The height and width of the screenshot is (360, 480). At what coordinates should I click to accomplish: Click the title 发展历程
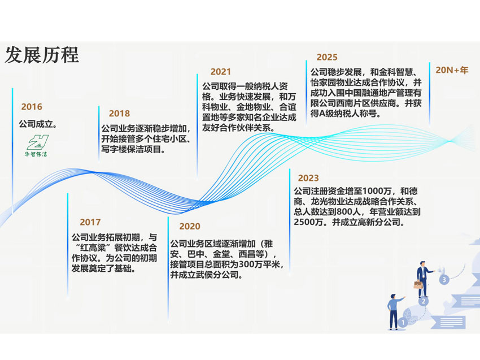coord(42,55)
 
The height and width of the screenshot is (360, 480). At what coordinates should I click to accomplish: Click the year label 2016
coord(32,107)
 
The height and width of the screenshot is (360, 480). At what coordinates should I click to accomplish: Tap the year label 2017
coord(90,222)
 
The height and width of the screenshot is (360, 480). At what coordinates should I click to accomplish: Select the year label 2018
coord(119,114)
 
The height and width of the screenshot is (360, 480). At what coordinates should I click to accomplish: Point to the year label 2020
coord(190,226)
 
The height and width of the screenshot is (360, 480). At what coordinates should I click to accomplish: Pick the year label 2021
coord(221,72)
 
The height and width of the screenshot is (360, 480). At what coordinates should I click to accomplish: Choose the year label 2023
coord(308,178)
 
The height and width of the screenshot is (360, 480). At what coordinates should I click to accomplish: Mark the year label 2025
coord(327,57)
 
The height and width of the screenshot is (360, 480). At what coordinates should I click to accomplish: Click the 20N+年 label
coord(452,70)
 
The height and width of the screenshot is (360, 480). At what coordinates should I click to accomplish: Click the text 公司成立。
coord(38,124)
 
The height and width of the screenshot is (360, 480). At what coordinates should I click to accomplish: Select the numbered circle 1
coord(403,323)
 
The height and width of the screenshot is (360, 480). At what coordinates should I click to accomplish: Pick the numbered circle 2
coord(424,301)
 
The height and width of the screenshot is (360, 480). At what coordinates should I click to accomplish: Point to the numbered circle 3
coord(444,279)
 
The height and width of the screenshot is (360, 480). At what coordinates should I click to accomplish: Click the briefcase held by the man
coord(418,285)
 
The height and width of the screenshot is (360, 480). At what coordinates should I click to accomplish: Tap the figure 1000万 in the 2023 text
coord(377,191)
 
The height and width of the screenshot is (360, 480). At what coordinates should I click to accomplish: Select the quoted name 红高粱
coord(92,248)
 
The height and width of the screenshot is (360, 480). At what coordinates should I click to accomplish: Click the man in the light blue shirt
coord(395,311)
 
